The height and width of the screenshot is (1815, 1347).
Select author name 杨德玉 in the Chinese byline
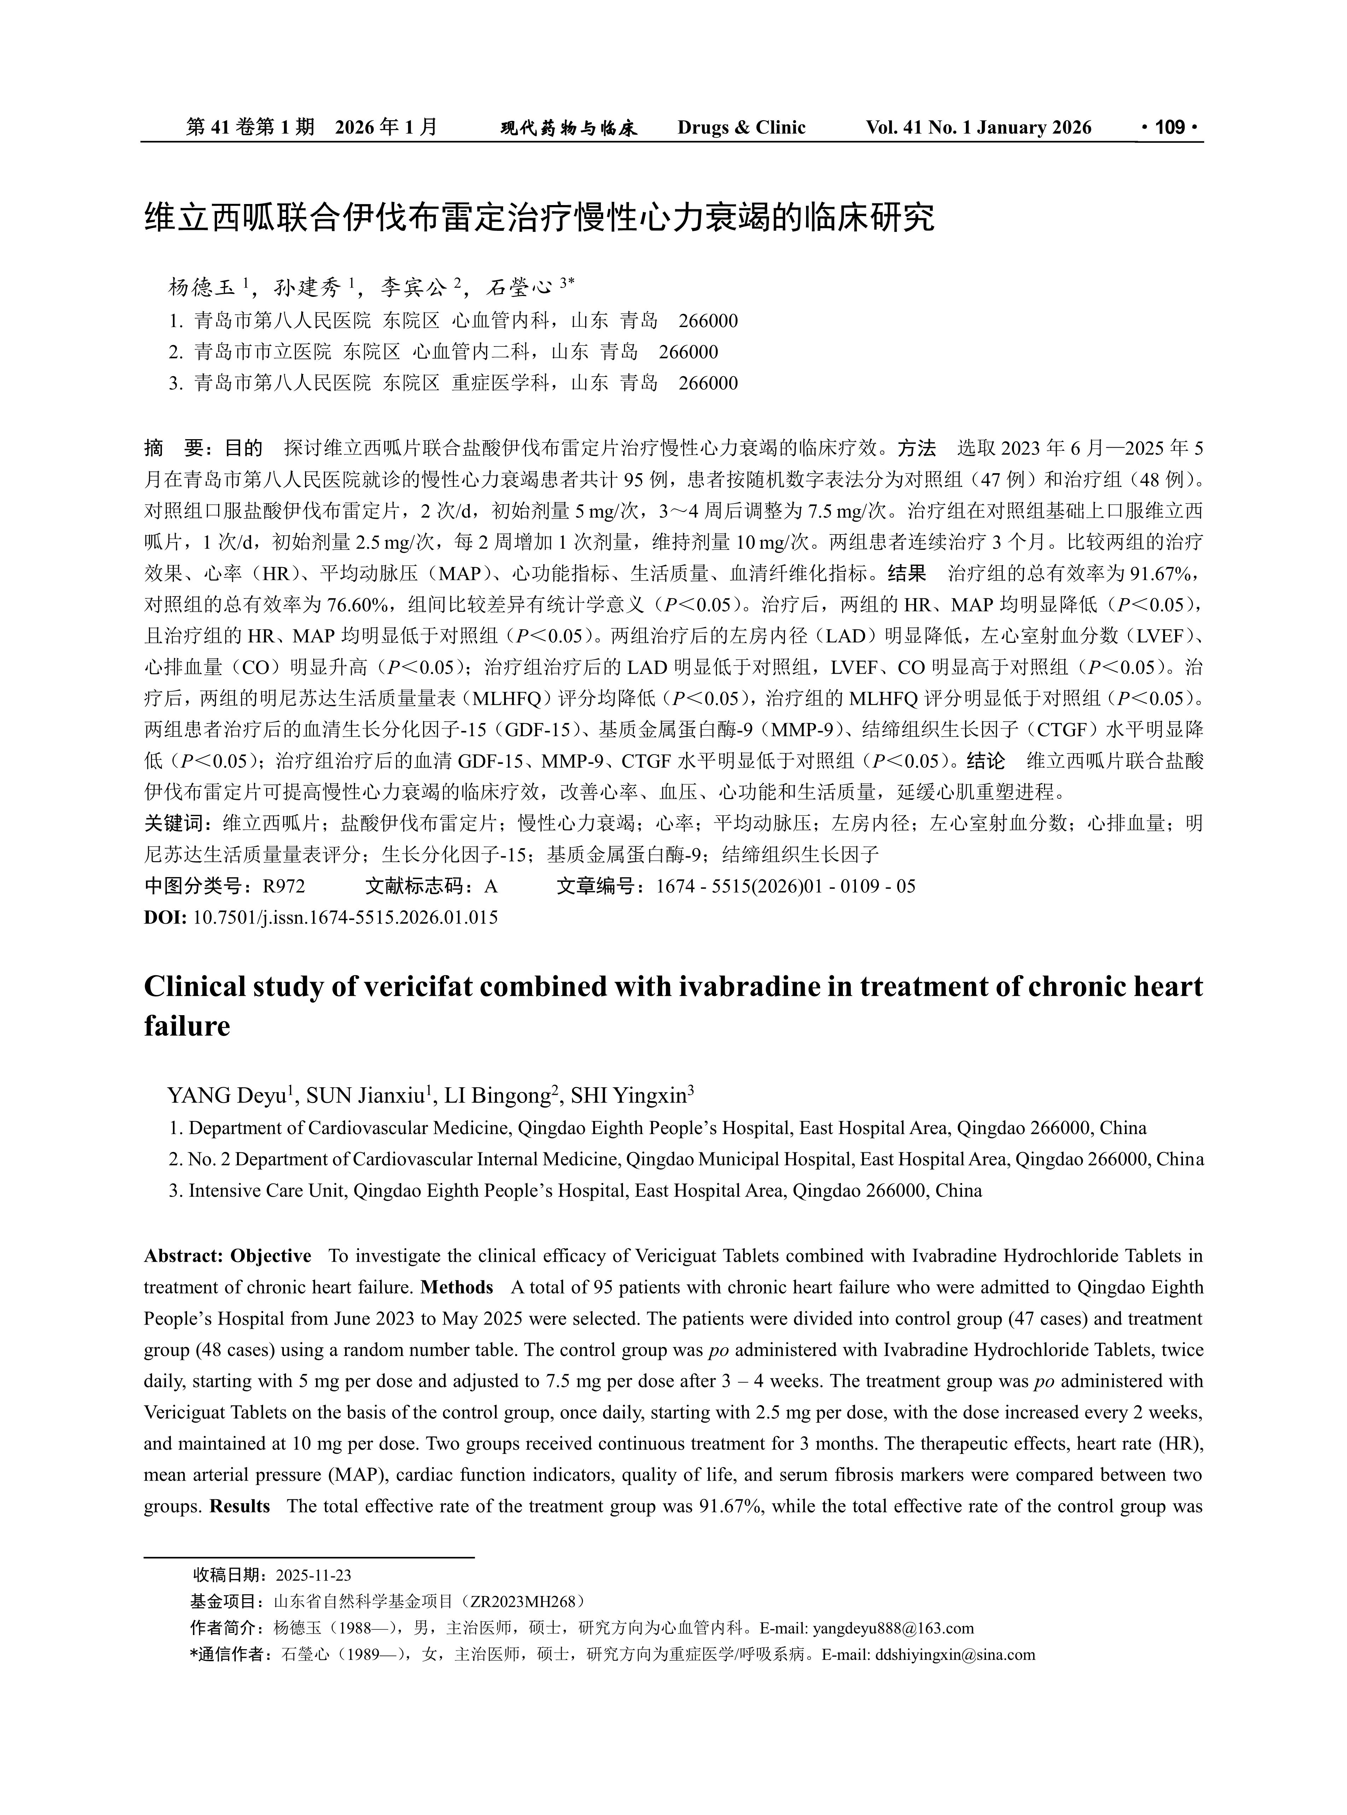[202, 287]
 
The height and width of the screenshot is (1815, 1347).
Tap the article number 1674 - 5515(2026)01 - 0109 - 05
[785, 886]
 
